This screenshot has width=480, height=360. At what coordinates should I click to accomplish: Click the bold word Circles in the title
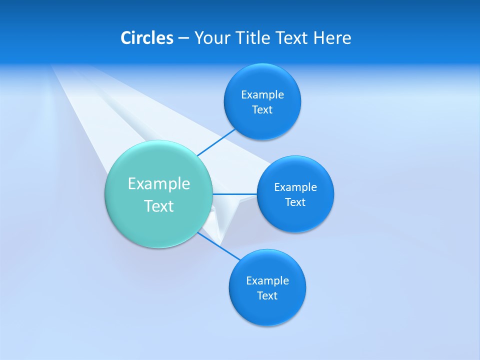[x=147, y=38]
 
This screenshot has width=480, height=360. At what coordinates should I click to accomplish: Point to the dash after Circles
[x=183, y=38]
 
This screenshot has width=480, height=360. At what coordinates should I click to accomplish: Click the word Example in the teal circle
[x=159, y=184]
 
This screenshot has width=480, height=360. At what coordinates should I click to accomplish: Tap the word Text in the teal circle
[x=159, y=206]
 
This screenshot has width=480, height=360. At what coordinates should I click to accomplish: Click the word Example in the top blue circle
[x=262, y=95]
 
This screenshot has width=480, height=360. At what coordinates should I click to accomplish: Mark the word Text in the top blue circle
[x=262, y=110]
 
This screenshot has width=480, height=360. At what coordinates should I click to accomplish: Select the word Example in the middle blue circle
[x=295, y=187]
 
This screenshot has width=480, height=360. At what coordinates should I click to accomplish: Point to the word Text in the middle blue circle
[x=295, y=202]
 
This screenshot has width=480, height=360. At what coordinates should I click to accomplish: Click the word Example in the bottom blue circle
[x=267, y=281]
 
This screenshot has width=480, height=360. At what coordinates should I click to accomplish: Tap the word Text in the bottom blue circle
[x=267, y=296]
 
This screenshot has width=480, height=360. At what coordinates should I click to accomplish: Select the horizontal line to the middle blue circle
[x=235, y=194]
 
